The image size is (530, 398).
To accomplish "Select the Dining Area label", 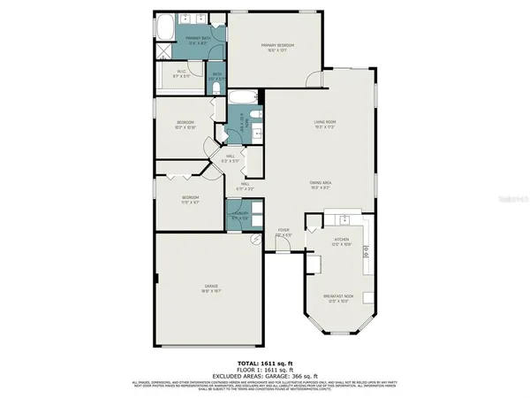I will tap(321, 184).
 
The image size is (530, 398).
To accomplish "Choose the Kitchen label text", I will tap(342, 241).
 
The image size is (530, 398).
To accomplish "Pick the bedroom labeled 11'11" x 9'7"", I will tap(190, 199).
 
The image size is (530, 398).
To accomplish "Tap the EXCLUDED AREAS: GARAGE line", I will tap(264, 375).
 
